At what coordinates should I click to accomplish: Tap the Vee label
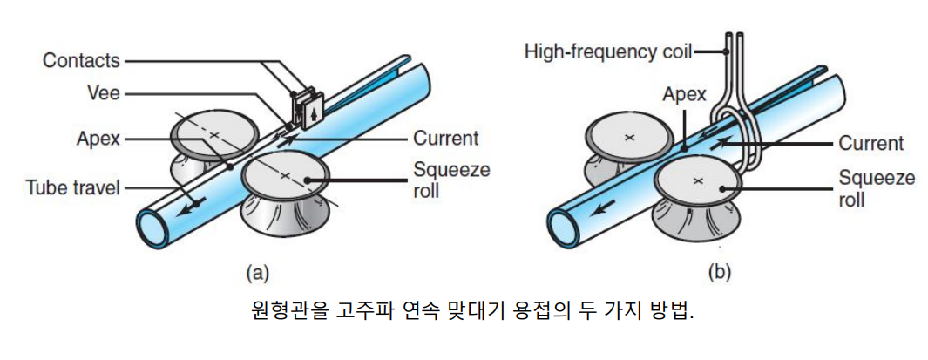tap(104, 92)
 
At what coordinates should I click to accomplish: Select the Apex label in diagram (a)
tap(97, 138)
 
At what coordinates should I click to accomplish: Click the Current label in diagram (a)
tap(445, 138)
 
